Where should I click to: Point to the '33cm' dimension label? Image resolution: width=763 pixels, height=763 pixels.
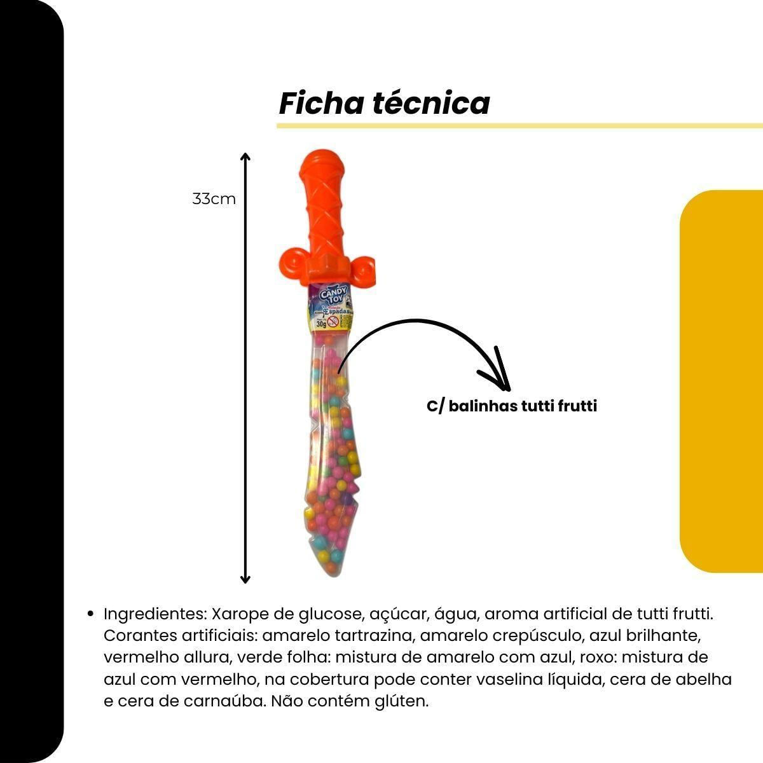[x=214, y=199]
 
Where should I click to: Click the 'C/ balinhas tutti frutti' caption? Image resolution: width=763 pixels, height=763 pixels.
[x=512, y=406]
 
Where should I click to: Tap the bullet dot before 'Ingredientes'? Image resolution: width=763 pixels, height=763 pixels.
[x=90, y=614]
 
